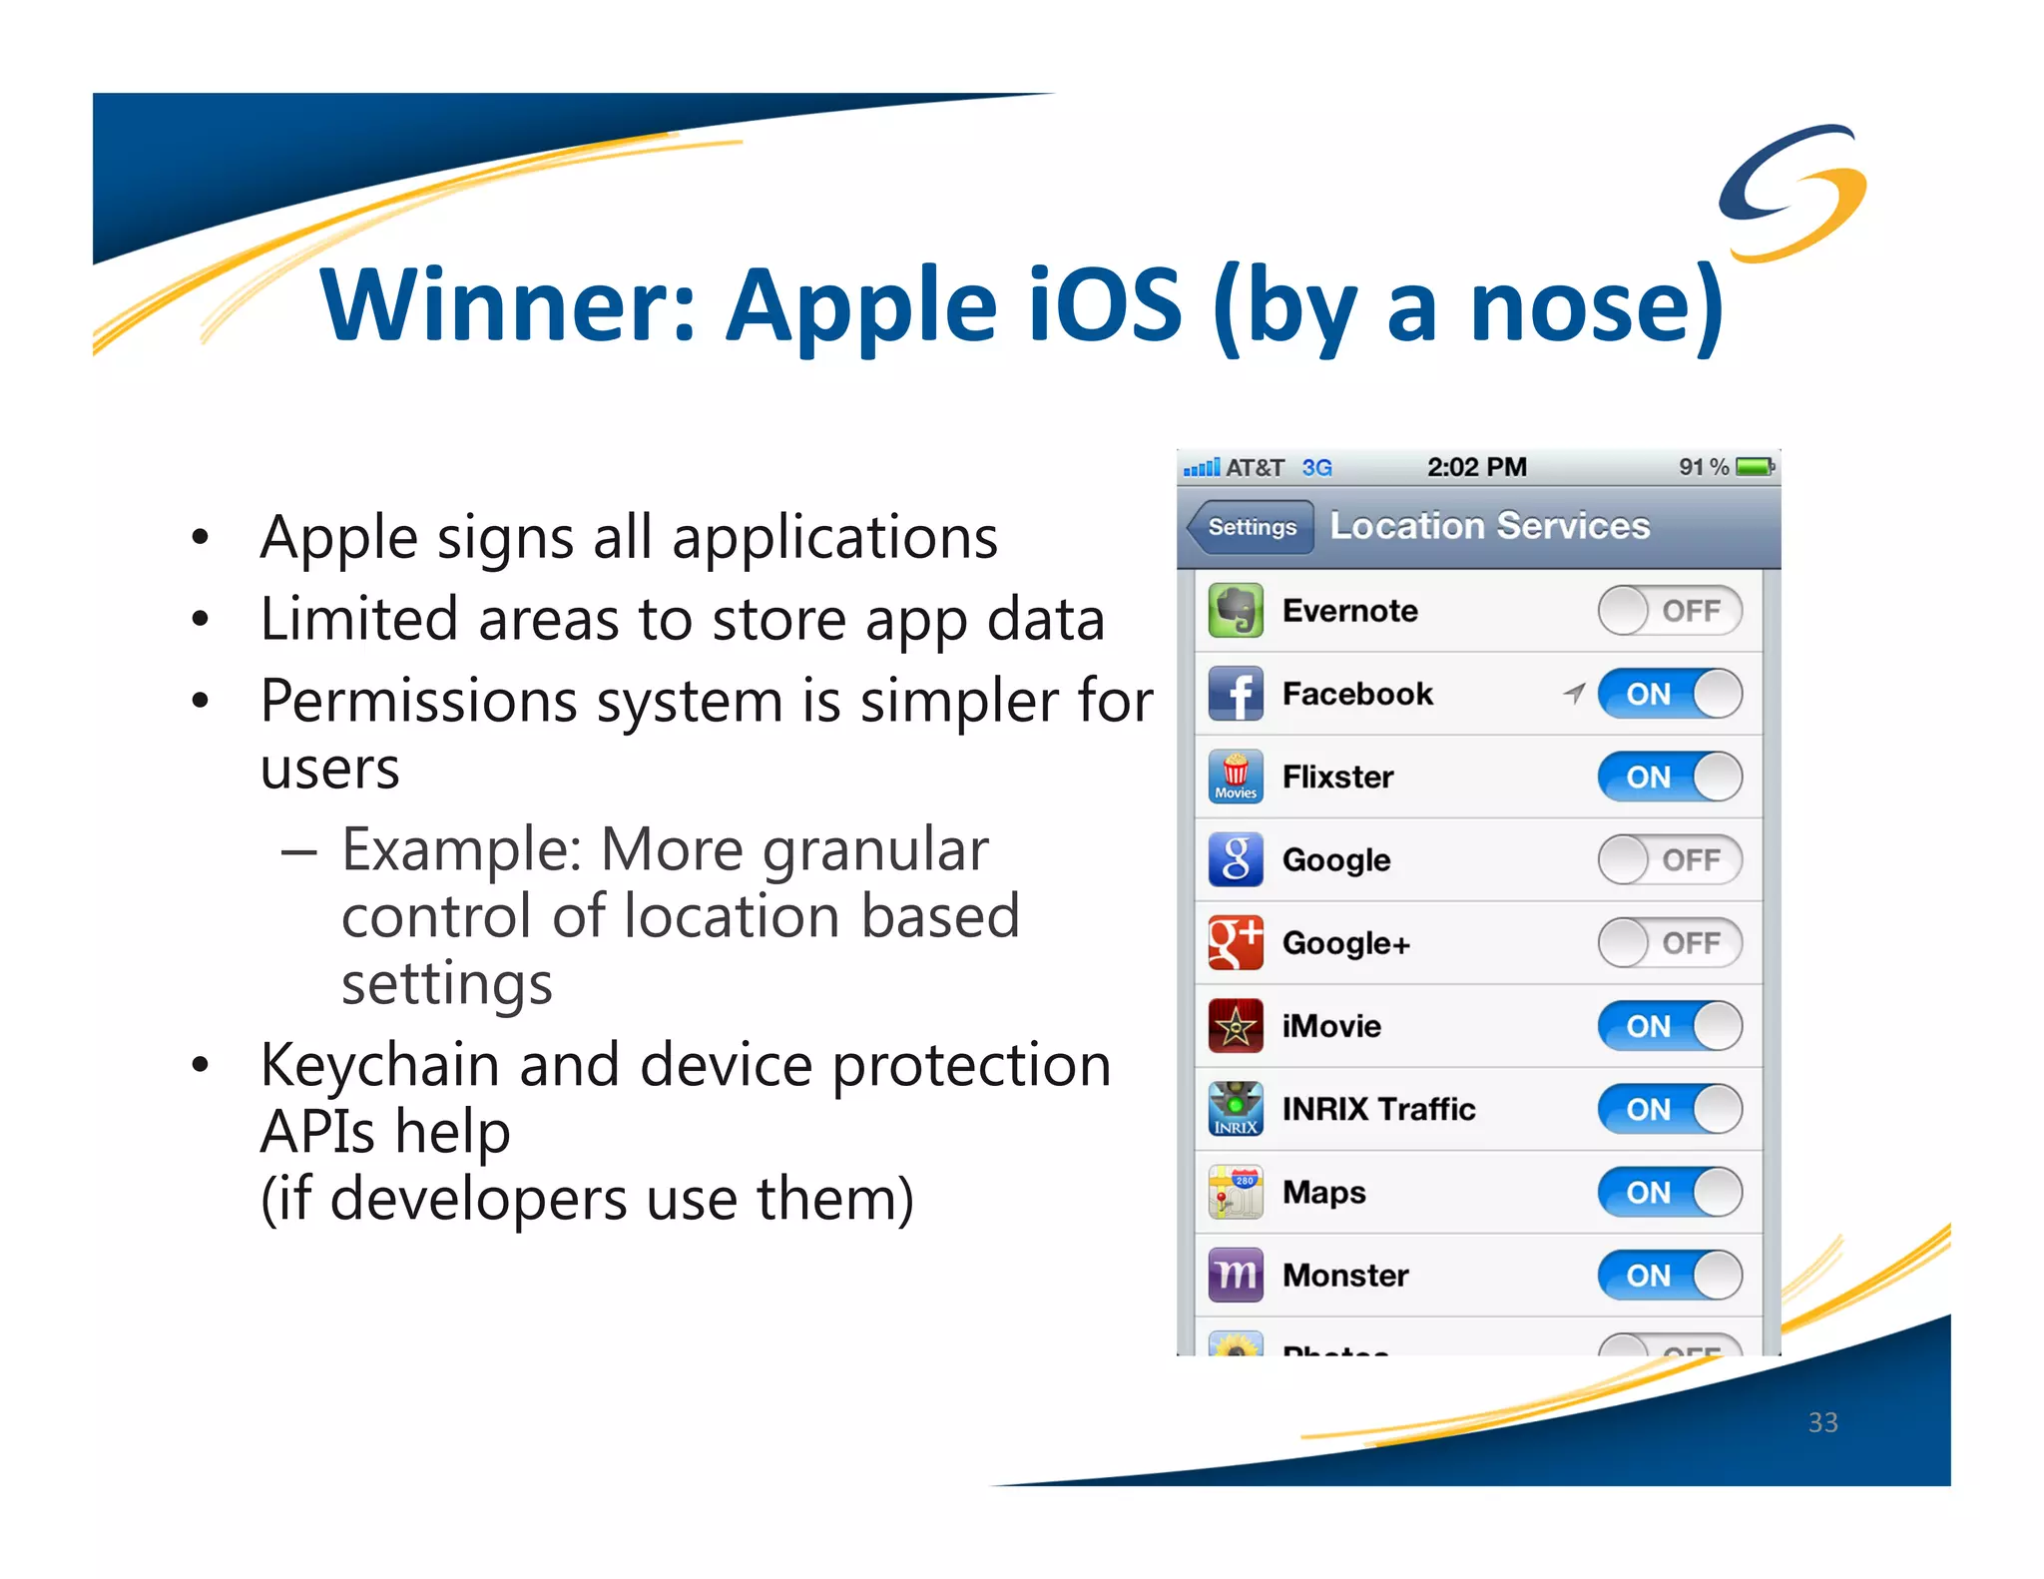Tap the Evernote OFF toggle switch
pyautogui.click(x=1669, y=610)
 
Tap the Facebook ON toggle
pyautogui.click(x=1669, y=694)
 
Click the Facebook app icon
pyautogui.click(x=1235, y=694)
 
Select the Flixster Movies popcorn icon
pyautogui.click(x=1235, y=777)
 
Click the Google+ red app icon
pyautogui.click(x=1235, y=943)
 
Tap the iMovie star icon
pyautogui.click(x=1235, y=1026)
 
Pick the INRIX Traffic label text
pyautogui.click(x=1377, y=1109)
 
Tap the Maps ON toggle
pyautogui.click(x=1669, y=1192)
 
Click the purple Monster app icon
pyautogui.click(x=1235, y=1275)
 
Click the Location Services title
pyautogui.click(x=1489, y=526)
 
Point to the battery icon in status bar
pyautogui.click(x=1755, y=467)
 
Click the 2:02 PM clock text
pyautogui.click(x=1476, y=467)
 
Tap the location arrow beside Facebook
pyautogui.click(x=1574, y=693)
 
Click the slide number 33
pyautogui.click(x=1822, y=1422)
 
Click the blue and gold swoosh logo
pyautogui.click(x=1792, y=192)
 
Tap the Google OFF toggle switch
pyautogui.click(x=1669, y=859)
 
